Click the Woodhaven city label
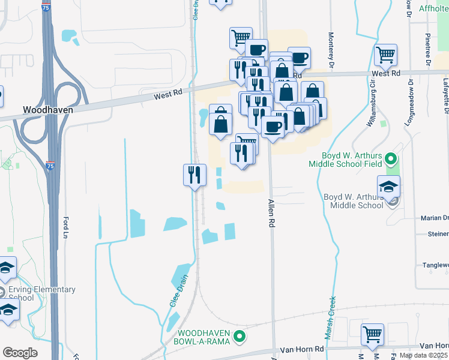point(47,110)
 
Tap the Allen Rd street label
point(271,214)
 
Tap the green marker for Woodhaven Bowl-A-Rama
point(240,337)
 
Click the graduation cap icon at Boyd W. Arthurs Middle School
point(388,186)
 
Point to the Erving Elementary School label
point(42,293)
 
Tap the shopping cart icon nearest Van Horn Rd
point(373,334)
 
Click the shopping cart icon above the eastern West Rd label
point(385,55)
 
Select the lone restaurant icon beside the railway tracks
point(194,175)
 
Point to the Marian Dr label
point(435,218)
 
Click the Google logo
point(20,353)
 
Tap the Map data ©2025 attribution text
point(421,355)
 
